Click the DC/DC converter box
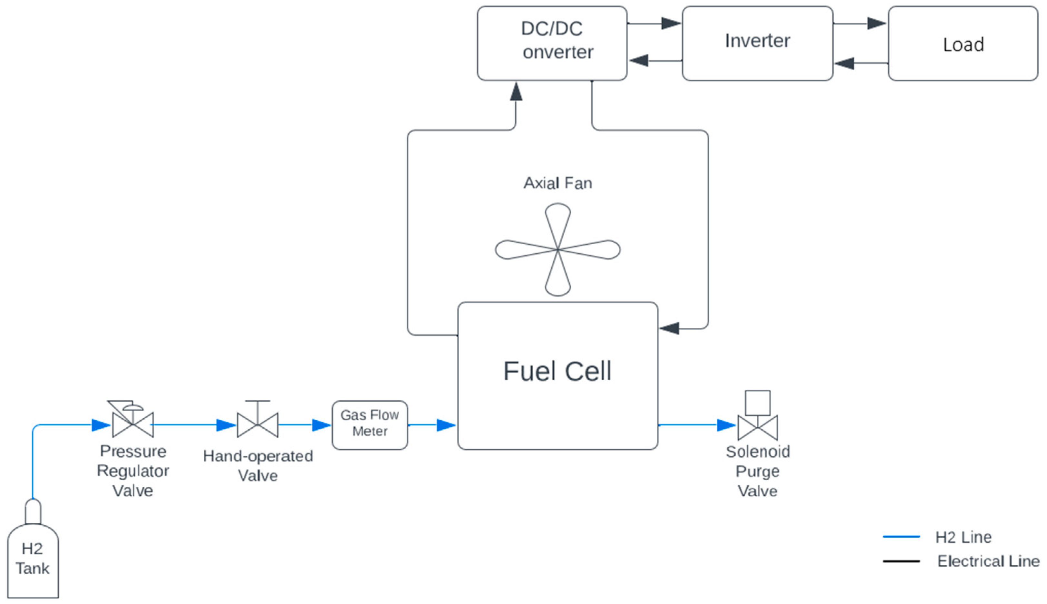[552, 43]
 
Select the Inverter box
[758, 43]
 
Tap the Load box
[963, 43]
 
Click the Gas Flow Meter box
[370, 425]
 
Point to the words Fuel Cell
[557, 371]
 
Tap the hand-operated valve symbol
[257, 419]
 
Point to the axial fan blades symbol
[558, 249]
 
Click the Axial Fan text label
[558, 183]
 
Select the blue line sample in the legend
[901, 537]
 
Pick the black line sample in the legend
[901, 561]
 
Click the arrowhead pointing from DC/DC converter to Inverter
[671, 23]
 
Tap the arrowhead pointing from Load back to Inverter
[844, 63]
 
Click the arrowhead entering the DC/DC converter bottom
[516, 91]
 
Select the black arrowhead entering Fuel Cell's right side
[669, 328]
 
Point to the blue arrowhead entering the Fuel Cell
[447, 425]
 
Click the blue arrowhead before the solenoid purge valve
[726, 425]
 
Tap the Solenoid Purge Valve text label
[758, 471]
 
